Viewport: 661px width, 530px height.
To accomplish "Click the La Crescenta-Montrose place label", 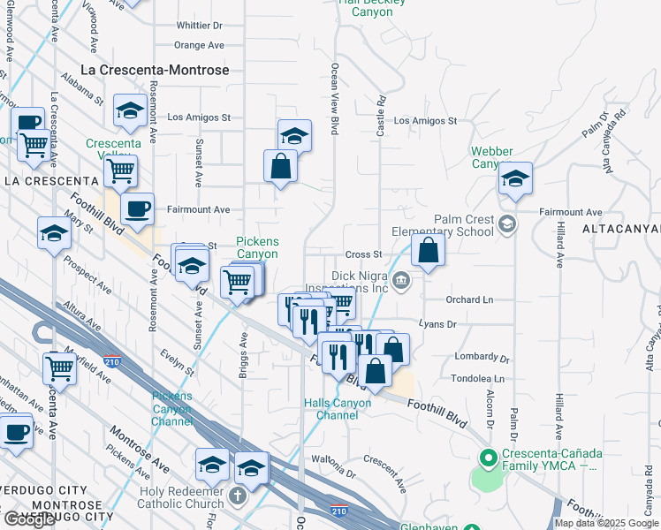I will pyautogui.click(x=155, y=70).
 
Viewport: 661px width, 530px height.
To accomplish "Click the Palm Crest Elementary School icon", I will pyautogui.click(x=506, y=223).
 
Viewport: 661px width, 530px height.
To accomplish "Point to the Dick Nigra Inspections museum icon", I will pyautogui.click(x=401, y=282).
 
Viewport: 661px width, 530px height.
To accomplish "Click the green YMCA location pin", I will pyautogui.click(x=485, y=458).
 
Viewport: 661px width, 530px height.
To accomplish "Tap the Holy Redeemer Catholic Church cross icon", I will pyautogui.click(x=236, y=495).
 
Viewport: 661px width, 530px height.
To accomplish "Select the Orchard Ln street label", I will pyautogui.click(x=468, y=299).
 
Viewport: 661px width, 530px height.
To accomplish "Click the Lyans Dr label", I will pyautogui.click(x=437, y=325).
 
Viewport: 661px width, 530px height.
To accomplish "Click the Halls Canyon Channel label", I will pyautogui.click(x=338, y=409).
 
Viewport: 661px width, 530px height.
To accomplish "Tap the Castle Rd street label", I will pyautogui.click(x=382, y=117).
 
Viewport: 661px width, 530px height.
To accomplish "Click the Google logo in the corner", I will pyautogui.click(x=29, y=519).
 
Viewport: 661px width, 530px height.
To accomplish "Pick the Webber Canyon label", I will pyautogui.click(x=492, y=157).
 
